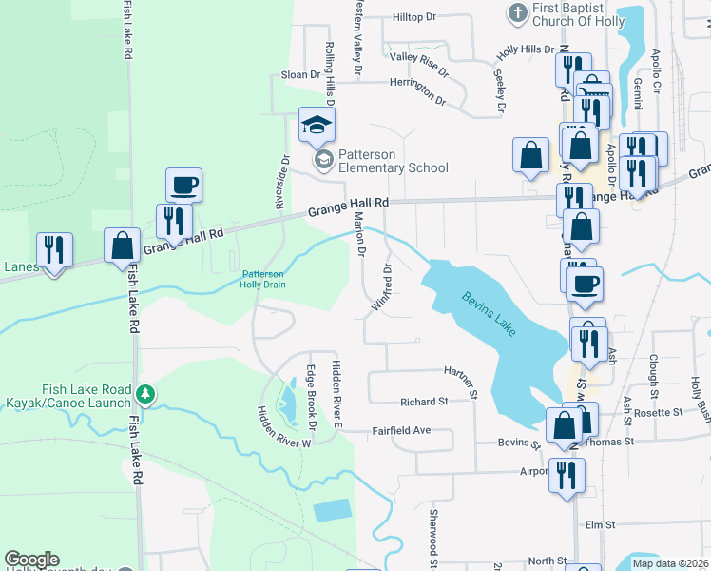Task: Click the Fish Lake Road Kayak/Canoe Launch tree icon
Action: point(144,391)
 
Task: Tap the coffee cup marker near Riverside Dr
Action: point(183,184)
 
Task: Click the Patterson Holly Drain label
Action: point(261,277)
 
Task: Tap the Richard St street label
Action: point(423,402)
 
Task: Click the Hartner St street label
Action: point(465,377)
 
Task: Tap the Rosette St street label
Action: point(664,412)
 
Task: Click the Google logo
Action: point(31,560)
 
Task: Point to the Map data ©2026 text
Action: point(670,563)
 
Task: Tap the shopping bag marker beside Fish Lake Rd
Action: point(123,245)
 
